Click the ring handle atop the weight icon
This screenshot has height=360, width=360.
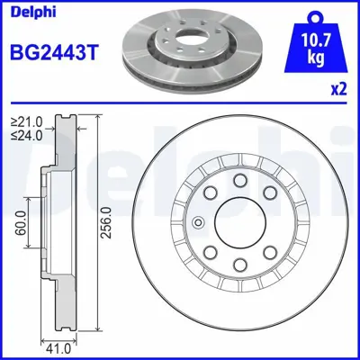[314, 15]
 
